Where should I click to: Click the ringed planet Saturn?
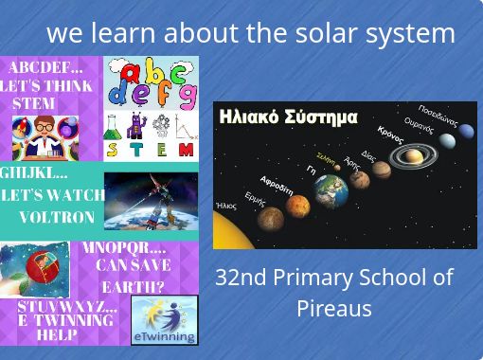[x=413, y=154]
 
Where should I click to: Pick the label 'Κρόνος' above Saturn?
[x=390, y=135]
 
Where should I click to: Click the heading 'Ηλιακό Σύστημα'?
[x=288, y=117]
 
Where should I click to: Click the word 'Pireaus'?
[x=333, y=309]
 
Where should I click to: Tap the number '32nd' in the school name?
[x=241, y=278]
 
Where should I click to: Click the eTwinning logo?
[x=164, y=320]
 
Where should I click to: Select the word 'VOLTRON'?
[x=57, y=217]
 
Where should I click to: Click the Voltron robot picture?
[x=151, y=200]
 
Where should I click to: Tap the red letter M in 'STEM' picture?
[x=186, y=150]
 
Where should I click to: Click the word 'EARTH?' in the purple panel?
[x=134, y=286]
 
